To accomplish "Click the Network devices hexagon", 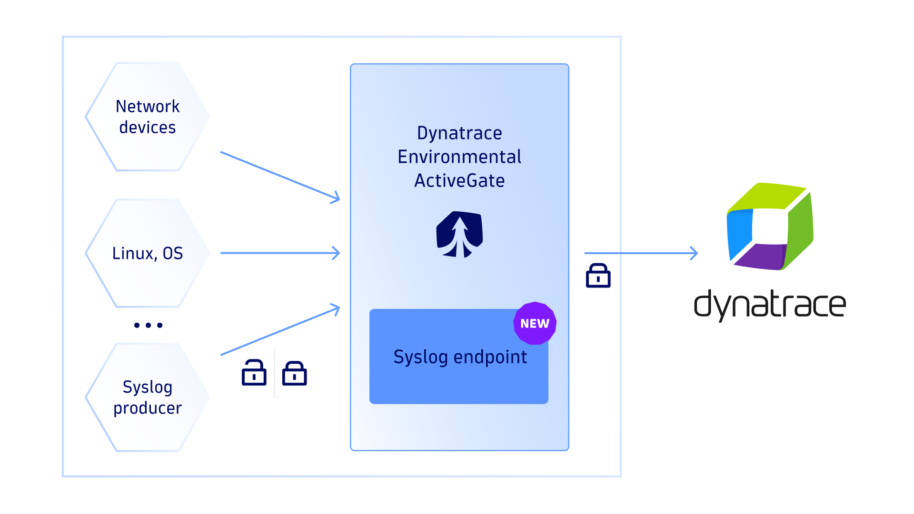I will (x=148, y=117).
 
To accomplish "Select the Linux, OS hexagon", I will (x=148, y=253).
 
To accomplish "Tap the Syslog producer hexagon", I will (x=148, y=397).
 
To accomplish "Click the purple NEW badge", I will (x=535, y=323).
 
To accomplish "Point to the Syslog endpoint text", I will (x=460, y=357).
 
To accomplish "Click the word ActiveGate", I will (x=459, y=181).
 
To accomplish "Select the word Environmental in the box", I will (x=459, y=157).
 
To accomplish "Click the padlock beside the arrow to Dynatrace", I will (x=598, y=276).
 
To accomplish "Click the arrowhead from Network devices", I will (x=336, y=198).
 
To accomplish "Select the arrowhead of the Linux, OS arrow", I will (x=336, y=253).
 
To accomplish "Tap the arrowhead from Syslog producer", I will (x=336, y=309).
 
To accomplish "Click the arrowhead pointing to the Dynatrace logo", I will (x=694, y=253).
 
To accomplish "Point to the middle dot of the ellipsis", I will (x=149, y=325).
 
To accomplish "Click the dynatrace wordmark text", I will (x=770, y=305).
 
